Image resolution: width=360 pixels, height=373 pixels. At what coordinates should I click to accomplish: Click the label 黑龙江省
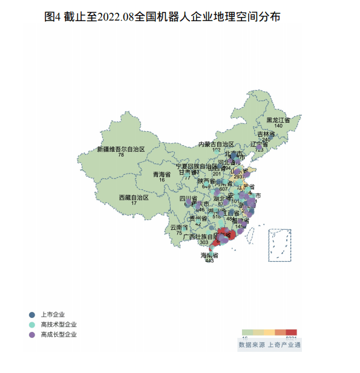coord(278,120)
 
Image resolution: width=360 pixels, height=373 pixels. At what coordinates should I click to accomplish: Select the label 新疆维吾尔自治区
coord(121,149)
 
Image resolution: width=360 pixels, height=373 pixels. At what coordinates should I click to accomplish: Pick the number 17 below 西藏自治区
coord(134,203)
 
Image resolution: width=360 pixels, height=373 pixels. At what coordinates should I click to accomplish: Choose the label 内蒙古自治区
coord(216,144)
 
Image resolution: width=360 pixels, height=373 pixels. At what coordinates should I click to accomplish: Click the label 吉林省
coord(266,134)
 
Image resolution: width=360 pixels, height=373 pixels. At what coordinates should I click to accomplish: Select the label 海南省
coord(209,256)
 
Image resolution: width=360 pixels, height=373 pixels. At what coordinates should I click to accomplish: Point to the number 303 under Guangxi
coord(186,242)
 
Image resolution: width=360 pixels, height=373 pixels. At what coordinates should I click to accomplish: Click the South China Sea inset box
coord(280,245)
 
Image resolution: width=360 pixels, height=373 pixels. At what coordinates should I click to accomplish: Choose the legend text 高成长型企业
coord(59,334)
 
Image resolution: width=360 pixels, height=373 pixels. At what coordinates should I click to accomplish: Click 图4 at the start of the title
coord(53,17)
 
